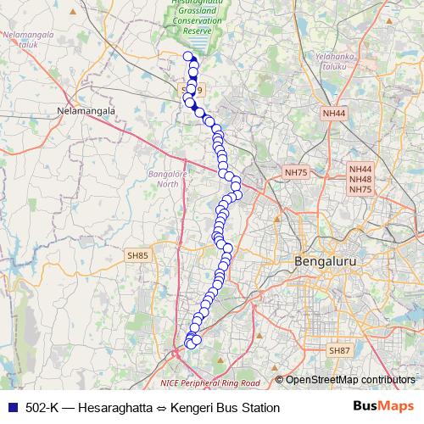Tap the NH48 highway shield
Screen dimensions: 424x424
[360, 180]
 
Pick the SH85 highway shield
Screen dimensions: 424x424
[137, 254]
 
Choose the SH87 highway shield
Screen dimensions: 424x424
[339, 350]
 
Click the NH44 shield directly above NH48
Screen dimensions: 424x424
[360, 170]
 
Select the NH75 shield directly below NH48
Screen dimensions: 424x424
[360, 190]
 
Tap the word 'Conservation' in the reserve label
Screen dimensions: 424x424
[196, 21]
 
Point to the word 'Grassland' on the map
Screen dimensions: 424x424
[197, 13]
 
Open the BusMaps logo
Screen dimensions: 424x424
[383, 407]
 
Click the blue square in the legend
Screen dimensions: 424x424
[12, 408]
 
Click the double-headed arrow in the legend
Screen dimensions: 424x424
[160, 408]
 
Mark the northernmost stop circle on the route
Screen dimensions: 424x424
[188, 56]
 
